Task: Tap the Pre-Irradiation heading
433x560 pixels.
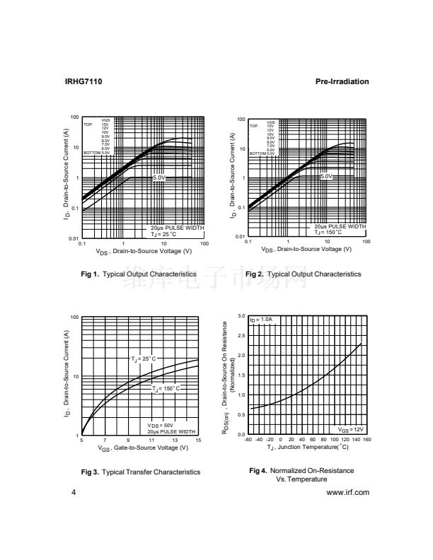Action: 342,82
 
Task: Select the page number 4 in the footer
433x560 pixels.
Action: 66,493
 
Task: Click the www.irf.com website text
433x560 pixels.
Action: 348,493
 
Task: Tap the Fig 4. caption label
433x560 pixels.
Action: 258,470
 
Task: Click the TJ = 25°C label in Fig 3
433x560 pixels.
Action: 144,358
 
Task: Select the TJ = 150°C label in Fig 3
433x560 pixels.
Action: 166,388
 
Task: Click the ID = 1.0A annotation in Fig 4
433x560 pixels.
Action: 260,320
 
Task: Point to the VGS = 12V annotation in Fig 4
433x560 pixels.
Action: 350,429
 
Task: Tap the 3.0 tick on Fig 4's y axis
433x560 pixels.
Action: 241,316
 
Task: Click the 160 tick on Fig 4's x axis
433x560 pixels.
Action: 366,439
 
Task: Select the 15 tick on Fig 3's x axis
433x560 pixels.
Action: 198,441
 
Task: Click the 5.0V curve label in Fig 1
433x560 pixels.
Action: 159,177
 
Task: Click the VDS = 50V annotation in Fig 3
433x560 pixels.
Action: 160,425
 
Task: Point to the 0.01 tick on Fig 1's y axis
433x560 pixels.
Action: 74,239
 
